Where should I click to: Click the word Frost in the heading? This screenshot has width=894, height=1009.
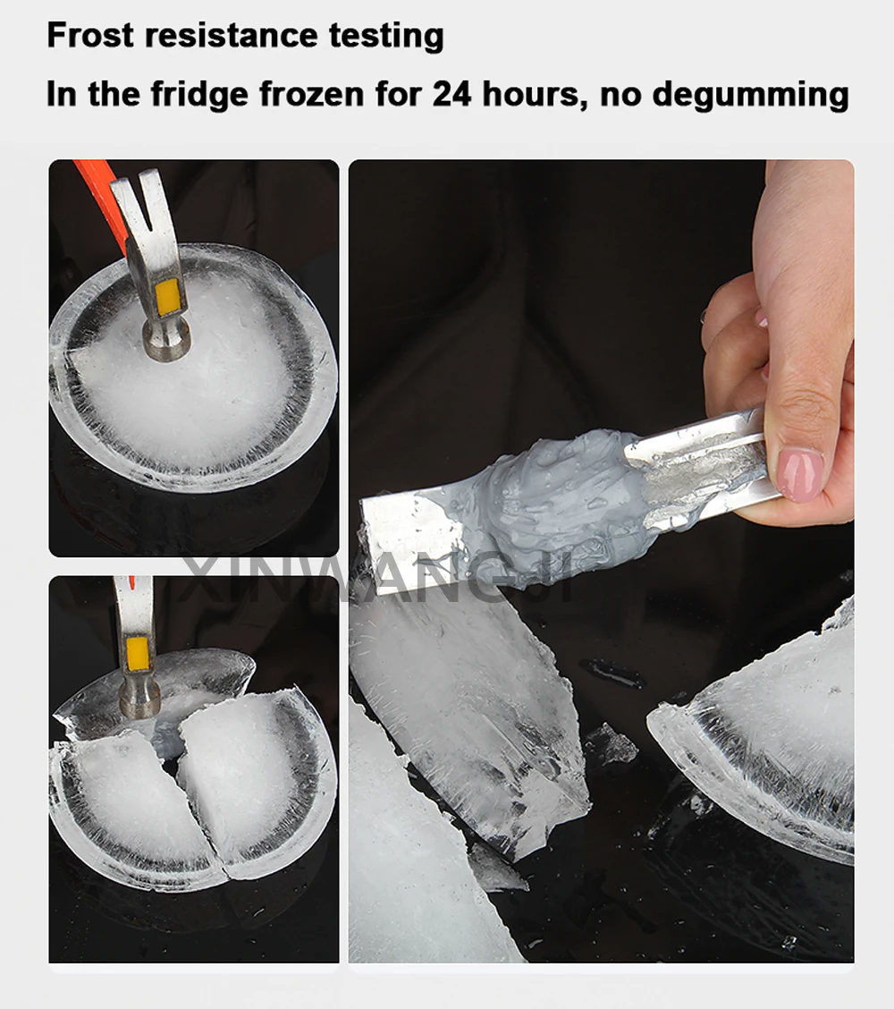(89, 35)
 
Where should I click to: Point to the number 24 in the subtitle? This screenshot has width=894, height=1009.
(451, 94)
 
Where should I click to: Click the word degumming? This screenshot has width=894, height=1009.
(751, 96)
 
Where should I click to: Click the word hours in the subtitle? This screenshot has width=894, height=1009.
(535, 95)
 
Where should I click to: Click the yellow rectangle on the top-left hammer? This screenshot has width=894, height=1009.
(168, 298)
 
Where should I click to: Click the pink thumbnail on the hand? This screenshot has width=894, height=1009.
(800, 474)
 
